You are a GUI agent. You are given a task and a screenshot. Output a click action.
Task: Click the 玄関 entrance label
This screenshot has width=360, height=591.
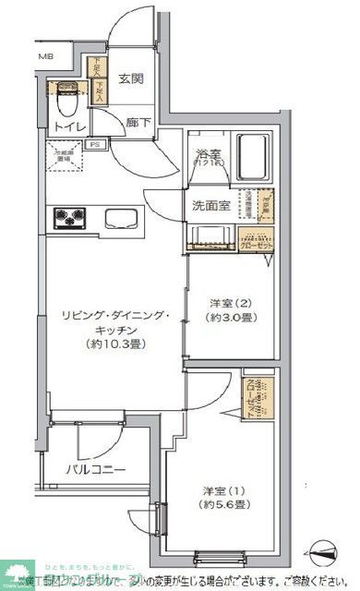click(x=131, y=79)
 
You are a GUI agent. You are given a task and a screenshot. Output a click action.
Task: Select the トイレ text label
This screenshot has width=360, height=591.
click(x=69, y=127)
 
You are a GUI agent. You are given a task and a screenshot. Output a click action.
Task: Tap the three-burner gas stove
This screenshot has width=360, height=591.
click(x=68, y=218)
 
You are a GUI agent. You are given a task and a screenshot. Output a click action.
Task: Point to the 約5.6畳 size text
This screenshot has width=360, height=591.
click(x=225, y=507)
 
